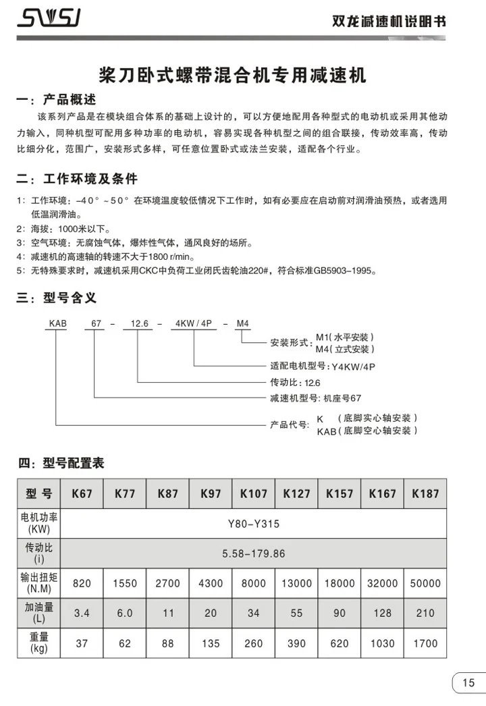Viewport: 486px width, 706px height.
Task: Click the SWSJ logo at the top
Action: pyautogui.click(x=50, y=19)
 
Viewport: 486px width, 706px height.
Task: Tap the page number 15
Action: pyautogui.click(x=468, y=682)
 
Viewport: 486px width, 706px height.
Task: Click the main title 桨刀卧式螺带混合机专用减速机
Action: pyautogui.click(x=232, y=75)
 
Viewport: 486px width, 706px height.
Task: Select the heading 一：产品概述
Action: pyautogui.click(x=57, y=100)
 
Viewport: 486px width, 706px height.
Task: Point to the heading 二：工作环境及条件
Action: pyautogui.click(x=77, y=180)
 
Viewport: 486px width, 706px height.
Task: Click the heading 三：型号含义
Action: pyautogui.click(x=57, y=297)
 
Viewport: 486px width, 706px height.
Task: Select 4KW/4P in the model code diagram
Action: pyautogui.click(x=194, y=325)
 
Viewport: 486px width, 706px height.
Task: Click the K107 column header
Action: pyautogui.click(x=254, y=494)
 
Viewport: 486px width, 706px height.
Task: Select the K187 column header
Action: pyautogui.click(x=425, y=494)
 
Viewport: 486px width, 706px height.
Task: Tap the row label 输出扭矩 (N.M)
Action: pyautogui.click(x=38, y=583)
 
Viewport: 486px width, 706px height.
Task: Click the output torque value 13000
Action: pyautogui.click(x=296, y=583)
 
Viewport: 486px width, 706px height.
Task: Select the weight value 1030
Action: pyautogui.click(x=382, y=643)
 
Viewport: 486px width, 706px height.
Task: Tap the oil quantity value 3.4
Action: pyautogui.click(x=82, y=614)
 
